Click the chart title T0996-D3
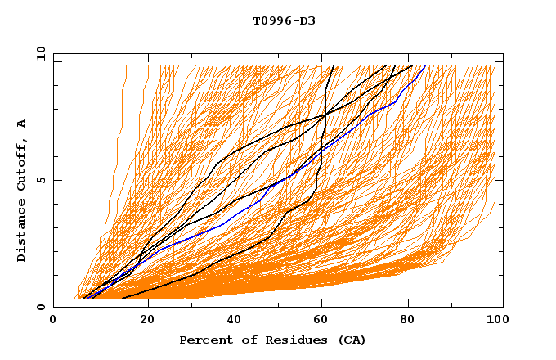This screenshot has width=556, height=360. tap(277, 20)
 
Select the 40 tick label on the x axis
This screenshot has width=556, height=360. tap(235, 320)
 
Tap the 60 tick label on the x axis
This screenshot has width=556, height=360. tap(322, 320)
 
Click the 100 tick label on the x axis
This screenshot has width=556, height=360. tap(495, 320)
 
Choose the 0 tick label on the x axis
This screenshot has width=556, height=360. tap(54, 320)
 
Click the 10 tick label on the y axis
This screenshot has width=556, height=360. tap(39, 53)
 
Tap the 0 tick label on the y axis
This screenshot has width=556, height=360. tap(39, 307)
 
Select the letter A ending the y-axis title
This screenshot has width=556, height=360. tap(21, 123)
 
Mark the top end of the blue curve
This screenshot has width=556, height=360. tap(424, 66)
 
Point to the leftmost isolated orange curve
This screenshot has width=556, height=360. tap(117, 164)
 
